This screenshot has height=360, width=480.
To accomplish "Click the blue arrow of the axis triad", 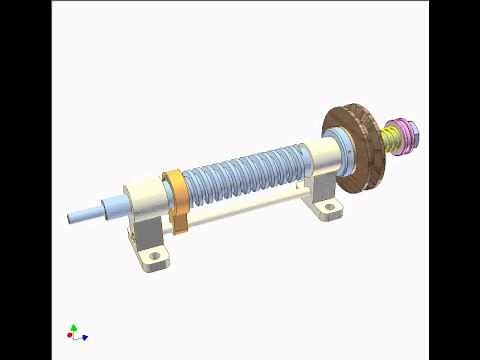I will [84, 337].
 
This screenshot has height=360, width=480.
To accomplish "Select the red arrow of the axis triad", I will [68, 335].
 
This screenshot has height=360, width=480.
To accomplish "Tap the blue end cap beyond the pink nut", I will [415, 131].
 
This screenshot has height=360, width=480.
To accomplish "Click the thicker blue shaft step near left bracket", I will [112, 207].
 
